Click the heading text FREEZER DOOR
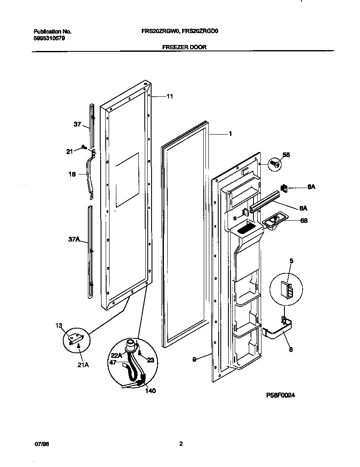pos(185,47)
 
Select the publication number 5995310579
pos(49,38)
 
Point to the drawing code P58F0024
pos(280,395)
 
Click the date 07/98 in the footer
pos(40,444)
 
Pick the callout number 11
pos(169,96)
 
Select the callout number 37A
pos(74,240)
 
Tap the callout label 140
pos(150,391)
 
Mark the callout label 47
pos(113,363)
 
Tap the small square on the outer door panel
pos(127,180)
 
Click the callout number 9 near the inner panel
pos(194,359)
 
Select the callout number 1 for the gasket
pos(230,134)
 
